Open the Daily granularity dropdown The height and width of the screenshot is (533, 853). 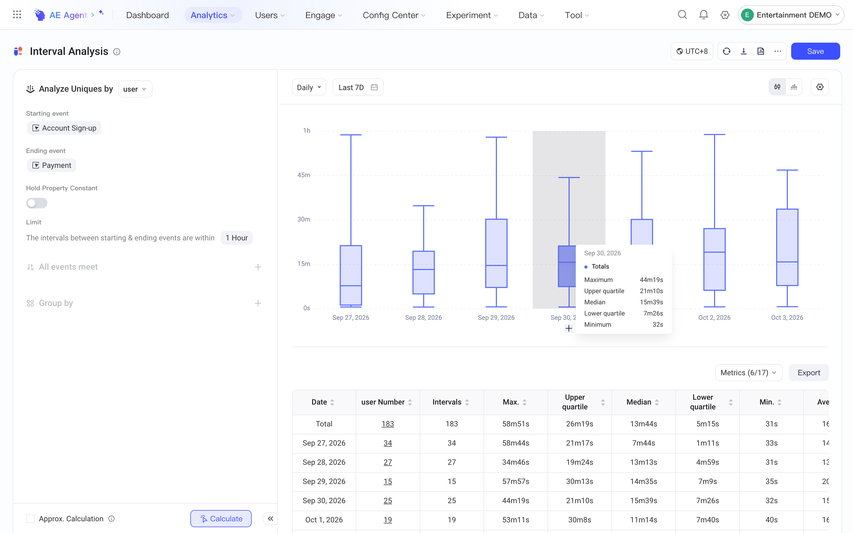[x=309, y=87]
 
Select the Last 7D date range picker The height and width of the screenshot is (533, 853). [x=358, y=87]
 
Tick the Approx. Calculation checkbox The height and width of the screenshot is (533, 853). [x=30, y=519]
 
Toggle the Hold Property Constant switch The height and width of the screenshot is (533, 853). [x=37, y=203]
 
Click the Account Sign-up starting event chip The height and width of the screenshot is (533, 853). [x=64, y=128]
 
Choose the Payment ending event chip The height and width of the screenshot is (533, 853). [x=51, y=165]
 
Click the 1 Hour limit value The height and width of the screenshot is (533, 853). [x=236, y=238]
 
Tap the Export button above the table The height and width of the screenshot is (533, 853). [x=808, y=373]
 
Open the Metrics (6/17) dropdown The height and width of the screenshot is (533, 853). [x=749, y=373]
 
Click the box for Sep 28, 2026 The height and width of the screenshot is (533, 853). [x=423, y=272]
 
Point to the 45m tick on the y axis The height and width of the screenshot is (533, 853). [x=304, y=175]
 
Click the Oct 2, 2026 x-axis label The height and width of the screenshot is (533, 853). [x=714, y=318]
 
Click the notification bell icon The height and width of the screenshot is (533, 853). [x=703, y=15]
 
